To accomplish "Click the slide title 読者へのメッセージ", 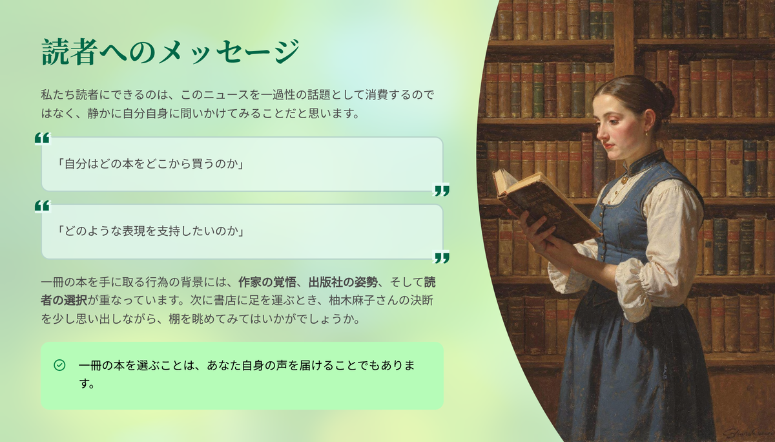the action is click(x=170, y=52).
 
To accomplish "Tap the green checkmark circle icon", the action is click(x=59, y=365).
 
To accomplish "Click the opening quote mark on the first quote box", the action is click(x=43, y=138).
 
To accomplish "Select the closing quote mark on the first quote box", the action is click(x=441, y=190).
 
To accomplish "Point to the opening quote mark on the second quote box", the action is click(x=43, y=206).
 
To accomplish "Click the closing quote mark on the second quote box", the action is click(x=441, y=257).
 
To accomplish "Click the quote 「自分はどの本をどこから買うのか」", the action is click(x=150, y=163).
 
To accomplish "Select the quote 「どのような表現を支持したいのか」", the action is click(x=150, y=231).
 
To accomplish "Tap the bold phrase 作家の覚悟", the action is click(x=267, y=282).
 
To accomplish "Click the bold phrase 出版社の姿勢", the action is click(x=343, y=282).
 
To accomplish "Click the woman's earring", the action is click(x=646, y=133).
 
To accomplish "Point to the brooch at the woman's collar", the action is click(x=625, y=180).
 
